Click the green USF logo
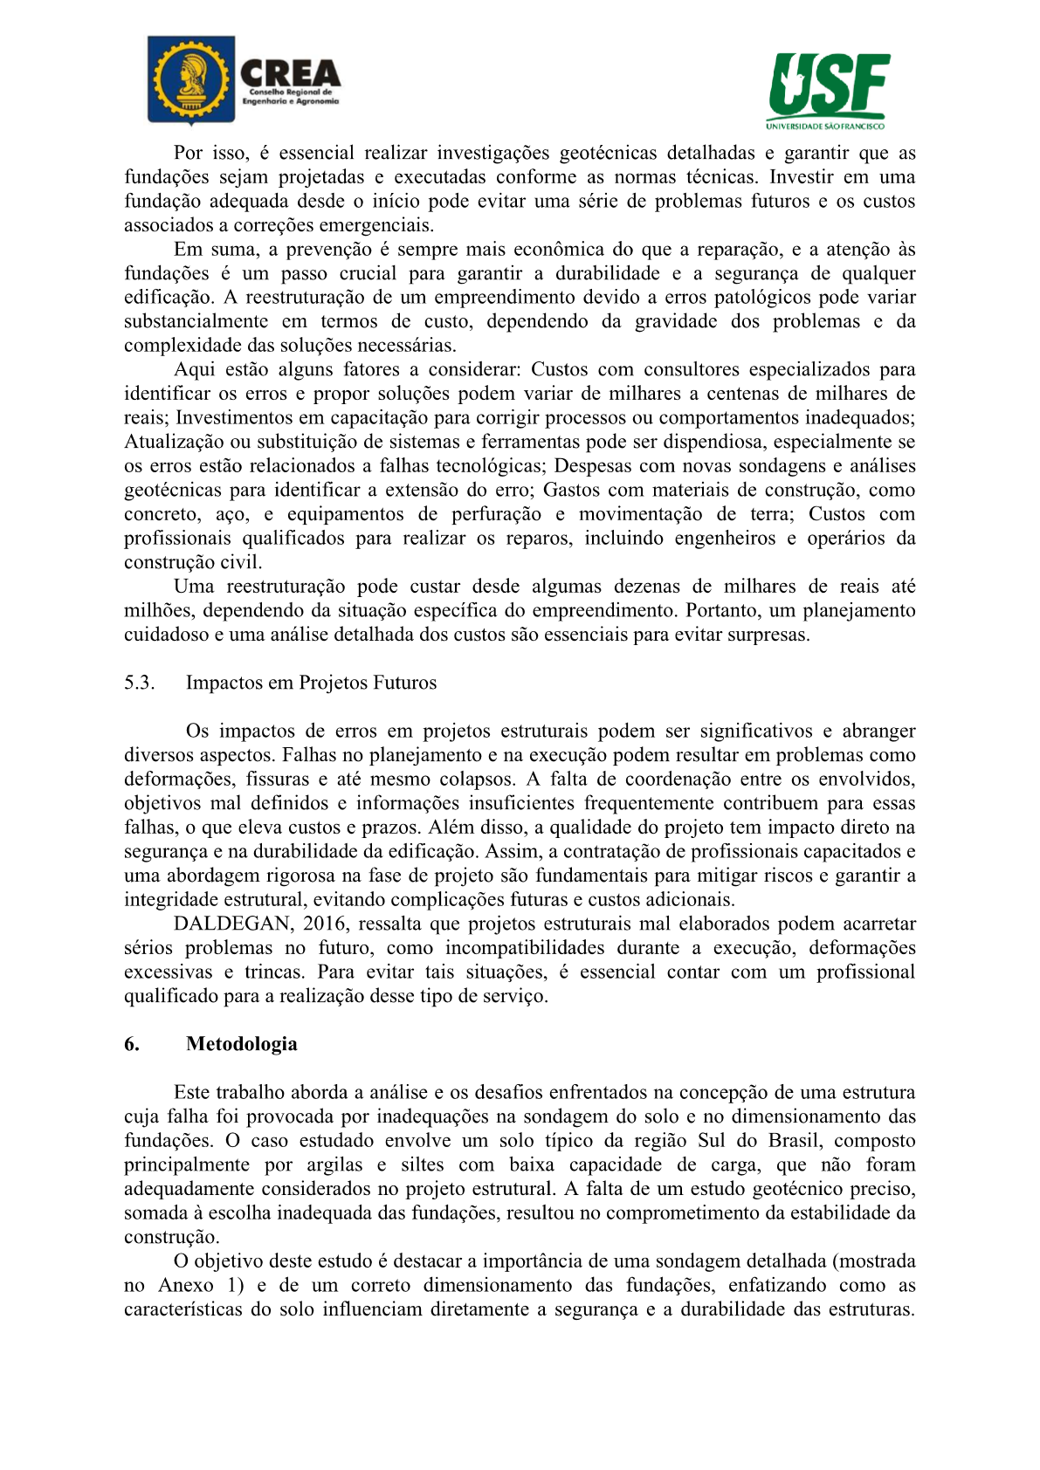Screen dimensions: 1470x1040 (829, 85)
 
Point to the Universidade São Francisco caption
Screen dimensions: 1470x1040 (825, 126)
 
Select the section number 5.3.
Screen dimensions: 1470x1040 (139, 683)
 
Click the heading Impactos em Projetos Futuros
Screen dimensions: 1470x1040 (311, 683)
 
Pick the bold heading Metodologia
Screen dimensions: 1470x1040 (241, 1044)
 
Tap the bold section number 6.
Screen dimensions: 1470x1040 (131, 1044)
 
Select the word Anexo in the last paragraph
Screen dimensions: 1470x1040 (185, 1285)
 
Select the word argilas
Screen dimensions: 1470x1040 (334, 1164)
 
